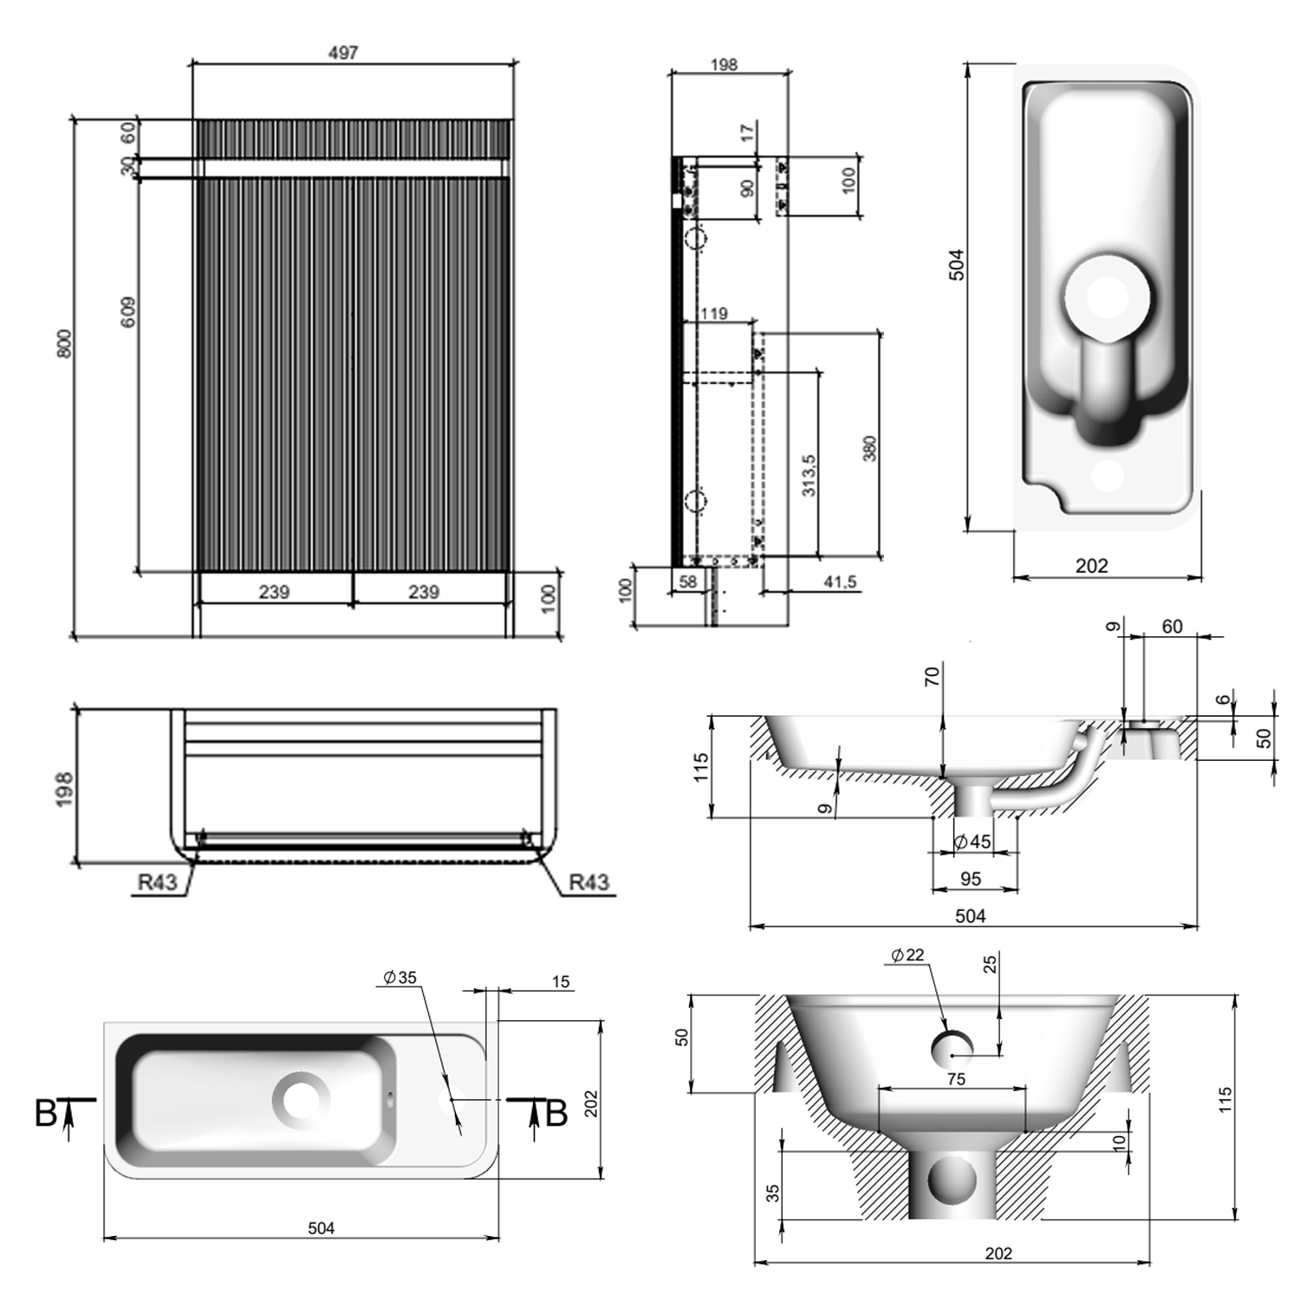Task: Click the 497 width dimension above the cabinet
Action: [x=343, y=53]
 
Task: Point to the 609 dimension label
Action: [x=128, y=312]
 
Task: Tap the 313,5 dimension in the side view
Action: [x=809, y=475]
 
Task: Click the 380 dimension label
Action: [x=870, y=448]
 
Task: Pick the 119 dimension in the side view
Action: [x=713, y=314]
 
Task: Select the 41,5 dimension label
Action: [x=840, y=582]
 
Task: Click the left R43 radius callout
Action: [x=157, y=882]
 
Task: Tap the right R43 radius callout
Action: [x=588, y=882]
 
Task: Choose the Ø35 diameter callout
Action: [x=400, y=978]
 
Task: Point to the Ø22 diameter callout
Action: [x=907, y=955]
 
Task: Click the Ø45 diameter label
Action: [x=972, y=842]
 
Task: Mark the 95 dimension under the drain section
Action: [x=971, y=879]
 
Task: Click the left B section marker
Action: [x=46, y=1114]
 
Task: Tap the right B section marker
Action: [x=556, y=1114]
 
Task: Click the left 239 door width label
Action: [x=274, y=592]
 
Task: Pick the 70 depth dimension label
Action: [x=933, y=677]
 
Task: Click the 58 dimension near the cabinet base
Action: [x=687, y=582]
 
